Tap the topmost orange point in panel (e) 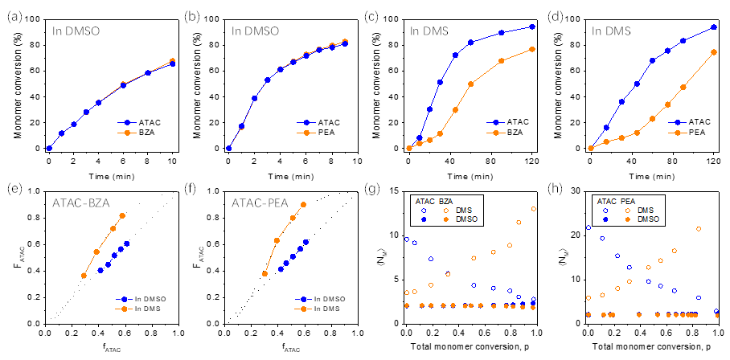pos(122,215)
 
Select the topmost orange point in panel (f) pos(303,204)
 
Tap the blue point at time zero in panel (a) pos(48,149)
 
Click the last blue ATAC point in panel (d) pos(713,27)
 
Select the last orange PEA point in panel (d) pos(713,52)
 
